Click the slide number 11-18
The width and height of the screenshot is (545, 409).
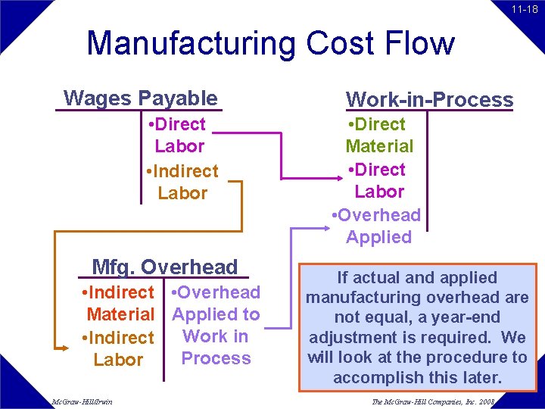point(524,9)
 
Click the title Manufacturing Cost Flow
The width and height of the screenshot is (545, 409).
point(270,43)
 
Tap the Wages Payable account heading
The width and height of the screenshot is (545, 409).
point(141,98)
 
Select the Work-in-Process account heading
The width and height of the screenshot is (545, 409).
point(429,99)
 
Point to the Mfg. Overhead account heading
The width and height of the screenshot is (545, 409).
point(164,267)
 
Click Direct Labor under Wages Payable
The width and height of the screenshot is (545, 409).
point(178,135)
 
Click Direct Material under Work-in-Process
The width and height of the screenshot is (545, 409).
point(379,135)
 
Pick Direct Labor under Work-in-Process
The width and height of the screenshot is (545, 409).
point(379,180)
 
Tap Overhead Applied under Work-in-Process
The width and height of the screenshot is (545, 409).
point(378,226)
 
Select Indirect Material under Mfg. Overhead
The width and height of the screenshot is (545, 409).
point(120,303)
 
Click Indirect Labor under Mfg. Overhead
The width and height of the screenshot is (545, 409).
point(117,348)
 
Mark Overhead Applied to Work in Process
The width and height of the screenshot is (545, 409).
point(216,325)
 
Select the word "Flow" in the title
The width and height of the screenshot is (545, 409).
point(420,43)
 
